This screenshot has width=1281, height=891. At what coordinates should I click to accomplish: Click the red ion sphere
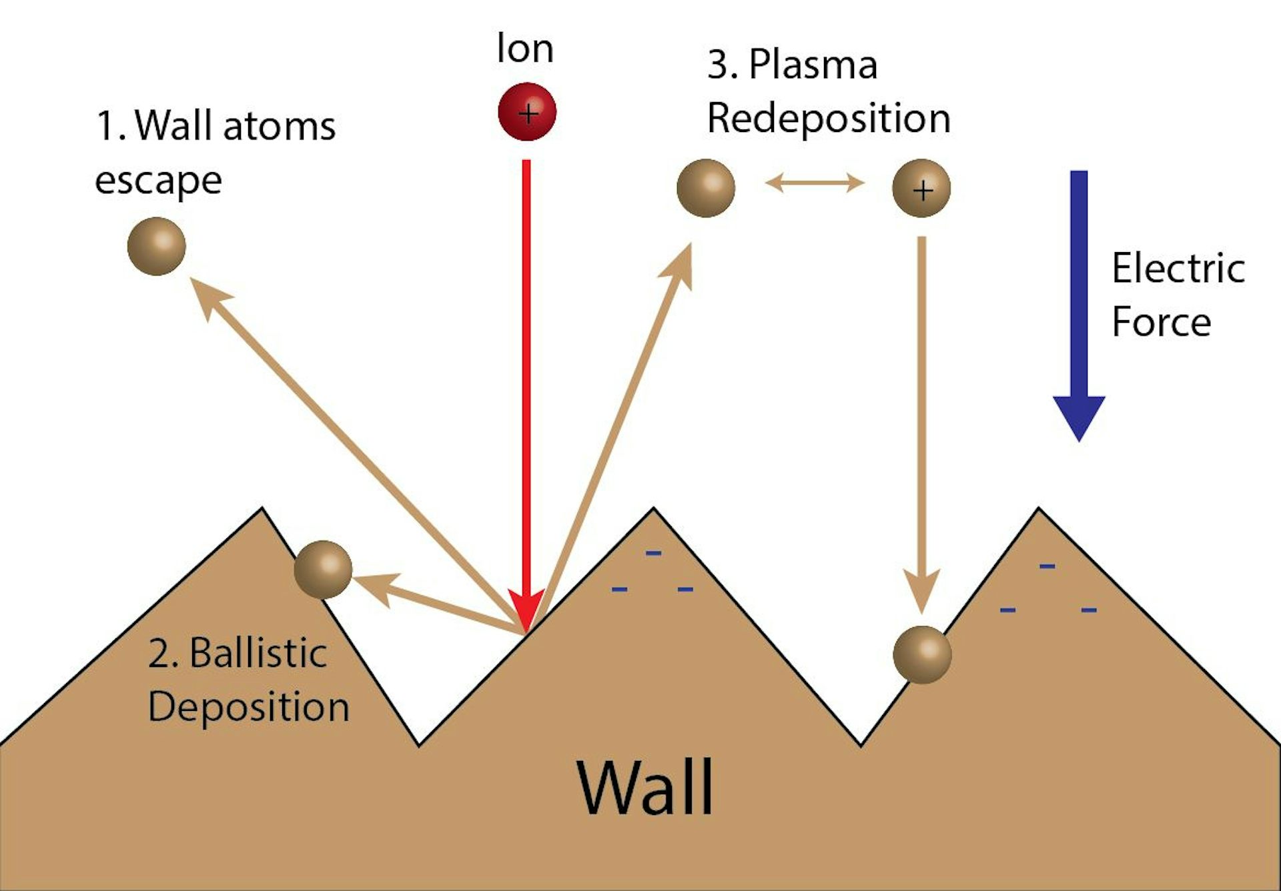(x=527, y=111)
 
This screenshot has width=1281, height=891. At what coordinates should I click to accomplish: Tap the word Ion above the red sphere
(x=525, y=49)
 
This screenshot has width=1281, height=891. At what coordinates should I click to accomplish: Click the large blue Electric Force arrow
(x=1079, y=300)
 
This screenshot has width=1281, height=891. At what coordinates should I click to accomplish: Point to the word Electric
(x=1178, y=269)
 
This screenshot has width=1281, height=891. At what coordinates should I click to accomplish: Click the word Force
(x=1161, y=322)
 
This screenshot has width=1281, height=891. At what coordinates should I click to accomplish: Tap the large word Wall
(x=646, y=787)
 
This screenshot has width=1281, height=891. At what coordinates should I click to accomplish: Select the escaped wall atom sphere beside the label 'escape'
(x=156, y=246)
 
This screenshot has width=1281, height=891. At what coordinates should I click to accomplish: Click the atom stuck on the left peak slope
(x=323, y=570)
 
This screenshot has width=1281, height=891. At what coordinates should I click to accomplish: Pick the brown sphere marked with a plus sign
(x=921, y=188)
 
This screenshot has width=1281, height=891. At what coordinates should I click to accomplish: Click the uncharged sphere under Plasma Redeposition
(x=706, y=188)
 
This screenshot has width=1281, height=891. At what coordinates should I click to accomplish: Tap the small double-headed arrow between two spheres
(x=815, y=182)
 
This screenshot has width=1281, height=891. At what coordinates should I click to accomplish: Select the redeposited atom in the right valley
(x=922, y=654)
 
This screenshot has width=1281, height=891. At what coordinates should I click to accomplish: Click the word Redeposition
(x=829, y=119)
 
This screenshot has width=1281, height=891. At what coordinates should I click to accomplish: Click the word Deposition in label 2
(x=248, y=707)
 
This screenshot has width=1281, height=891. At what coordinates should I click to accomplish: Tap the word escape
(x=158, y=181)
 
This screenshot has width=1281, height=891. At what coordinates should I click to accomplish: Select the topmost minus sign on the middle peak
(x=653, y=553)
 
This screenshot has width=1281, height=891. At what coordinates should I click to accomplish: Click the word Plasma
(x=813, y=65)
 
